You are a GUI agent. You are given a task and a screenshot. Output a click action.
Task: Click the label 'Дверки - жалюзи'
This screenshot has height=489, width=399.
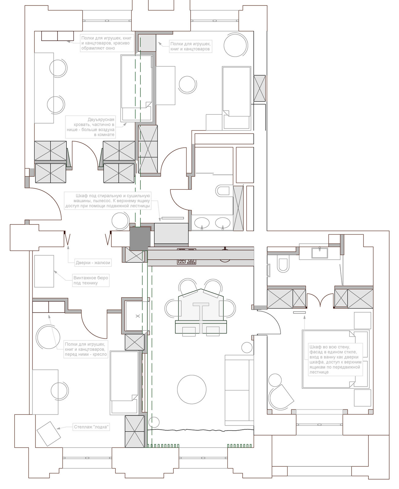93,262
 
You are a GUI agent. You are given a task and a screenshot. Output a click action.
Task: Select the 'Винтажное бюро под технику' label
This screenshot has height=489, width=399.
91,280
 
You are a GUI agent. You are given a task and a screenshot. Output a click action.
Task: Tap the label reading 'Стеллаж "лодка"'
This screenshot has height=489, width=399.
91,427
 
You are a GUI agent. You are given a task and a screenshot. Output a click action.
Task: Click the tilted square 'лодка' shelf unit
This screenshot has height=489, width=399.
49,434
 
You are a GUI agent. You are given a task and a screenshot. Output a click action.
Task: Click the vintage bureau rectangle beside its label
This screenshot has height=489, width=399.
44,271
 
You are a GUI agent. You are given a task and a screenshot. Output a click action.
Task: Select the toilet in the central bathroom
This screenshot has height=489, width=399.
222,191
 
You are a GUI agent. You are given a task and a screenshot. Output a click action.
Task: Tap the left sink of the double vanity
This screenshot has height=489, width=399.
202,223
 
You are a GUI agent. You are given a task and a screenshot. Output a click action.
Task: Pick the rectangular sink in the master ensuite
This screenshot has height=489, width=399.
319,253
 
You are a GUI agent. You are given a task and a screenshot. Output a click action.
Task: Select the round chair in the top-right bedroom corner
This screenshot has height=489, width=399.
235,45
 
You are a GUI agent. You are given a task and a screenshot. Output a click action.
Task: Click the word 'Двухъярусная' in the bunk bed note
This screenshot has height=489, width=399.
101,120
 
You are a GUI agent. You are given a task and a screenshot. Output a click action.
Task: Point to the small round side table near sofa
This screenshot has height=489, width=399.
247,347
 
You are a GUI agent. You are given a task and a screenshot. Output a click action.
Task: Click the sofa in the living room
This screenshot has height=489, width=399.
239,390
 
